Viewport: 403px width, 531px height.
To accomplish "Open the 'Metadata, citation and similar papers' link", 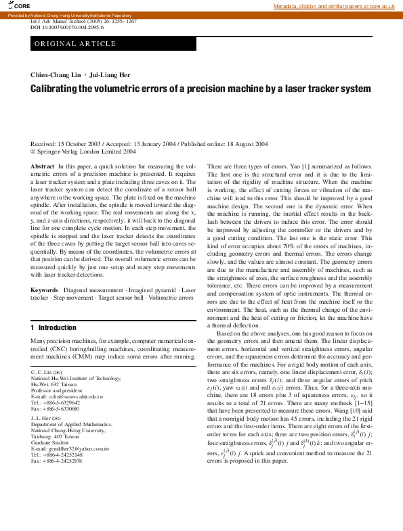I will (x=333, y=6).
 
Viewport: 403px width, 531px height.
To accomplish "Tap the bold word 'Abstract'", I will (x=43, y=166).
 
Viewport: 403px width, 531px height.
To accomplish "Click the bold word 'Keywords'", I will (x=45, y=289).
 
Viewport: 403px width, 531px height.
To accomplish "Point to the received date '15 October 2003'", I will (x=81, y=144).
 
